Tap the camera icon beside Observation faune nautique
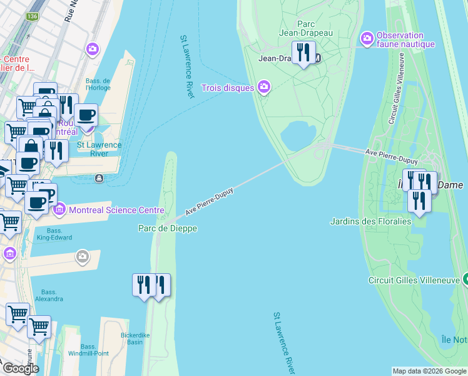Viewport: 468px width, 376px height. point(367,39)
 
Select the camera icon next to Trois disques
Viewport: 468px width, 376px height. point(264,87)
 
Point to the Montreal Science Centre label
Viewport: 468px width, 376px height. point(117,210)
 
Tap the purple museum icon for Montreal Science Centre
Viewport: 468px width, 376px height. point(59,209)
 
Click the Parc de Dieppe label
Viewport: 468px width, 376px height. point(168,229)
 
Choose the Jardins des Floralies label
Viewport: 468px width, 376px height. point(371,221)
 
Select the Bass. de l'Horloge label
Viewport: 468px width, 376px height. point(98,85)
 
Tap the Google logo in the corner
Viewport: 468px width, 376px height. point(20,368)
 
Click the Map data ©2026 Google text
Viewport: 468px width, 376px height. point(429,371)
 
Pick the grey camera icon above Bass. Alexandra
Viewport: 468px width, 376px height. point(83,256)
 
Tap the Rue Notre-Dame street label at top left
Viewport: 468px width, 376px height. point(69,11)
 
